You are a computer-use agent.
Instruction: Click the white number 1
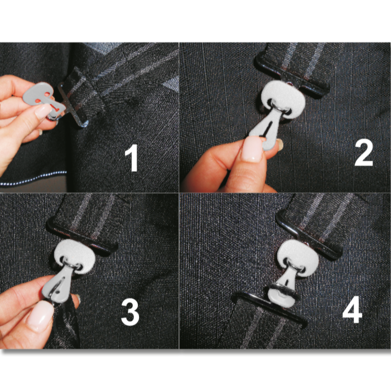[x=132, y=159]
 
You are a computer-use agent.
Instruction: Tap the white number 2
[x=364, y=152]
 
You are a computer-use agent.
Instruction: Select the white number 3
[x=130, y=312]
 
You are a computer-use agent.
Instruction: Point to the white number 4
[x=352, y=310]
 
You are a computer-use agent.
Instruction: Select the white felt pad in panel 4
[x=297, y=255]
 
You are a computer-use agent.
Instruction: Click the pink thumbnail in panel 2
[x=252, y=149]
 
